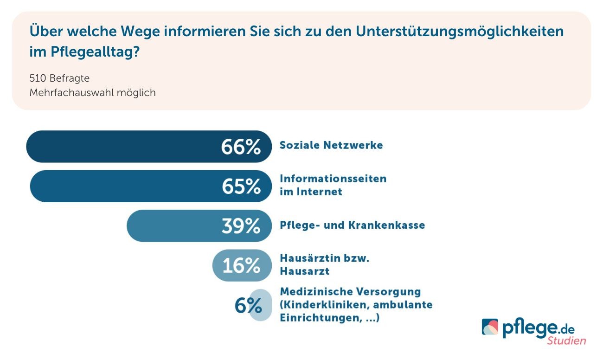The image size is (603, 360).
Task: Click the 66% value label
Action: click(x=241, y=147)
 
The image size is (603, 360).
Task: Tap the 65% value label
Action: click(x=241, y=186)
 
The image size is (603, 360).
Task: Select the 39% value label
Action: click(x=241, y=226)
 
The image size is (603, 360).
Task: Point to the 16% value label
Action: click(x=241, y=266)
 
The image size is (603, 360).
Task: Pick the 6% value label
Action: click(x=248, y=306)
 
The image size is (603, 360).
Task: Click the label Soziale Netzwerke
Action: click(x=331, y=145)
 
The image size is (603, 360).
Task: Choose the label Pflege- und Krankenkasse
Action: click(x=352, y=225)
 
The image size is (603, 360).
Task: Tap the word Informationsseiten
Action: click(x=333, y=179)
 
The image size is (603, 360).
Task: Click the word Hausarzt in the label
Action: click(x=304, y=271)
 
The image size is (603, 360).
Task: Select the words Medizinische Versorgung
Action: click(x=350, y=292)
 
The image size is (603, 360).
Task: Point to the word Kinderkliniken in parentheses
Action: click(x=318, y=305)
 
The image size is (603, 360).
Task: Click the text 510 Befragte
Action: click(x=59, y=78)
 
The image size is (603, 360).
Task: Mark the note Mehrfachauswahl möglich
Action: click(x=92, y=93)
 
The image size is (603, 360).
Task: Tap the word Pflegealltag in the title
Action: click(x=91, y=52)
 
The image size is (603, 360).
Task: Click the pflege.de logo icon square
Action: click(x=490, y=327)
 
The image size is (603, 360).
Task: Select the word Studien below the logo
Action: click(x=566, y=341)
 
